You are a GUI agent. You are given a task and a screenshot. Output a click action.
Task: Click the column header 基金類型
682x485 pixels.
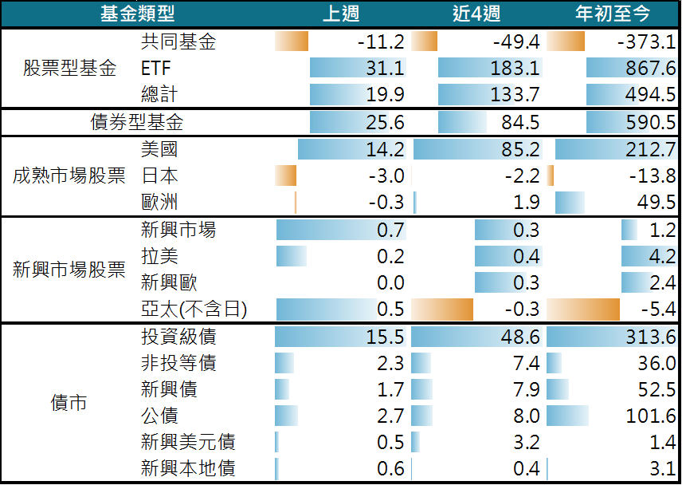137,14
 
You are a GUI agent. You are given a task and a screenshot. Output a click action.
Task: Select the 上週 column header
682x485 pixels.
341,14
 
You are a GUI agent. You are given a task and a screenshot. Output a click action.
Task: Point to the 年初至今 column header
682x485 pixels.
613,14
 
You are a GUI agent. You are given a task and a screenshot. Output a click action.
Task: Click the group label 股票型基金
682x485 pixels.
69,68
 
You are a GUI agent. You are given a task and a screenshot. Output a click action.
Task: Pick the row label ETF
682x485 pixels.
155,68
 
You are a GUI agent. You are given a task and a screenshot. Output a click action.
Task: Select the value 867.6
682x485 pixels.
651,68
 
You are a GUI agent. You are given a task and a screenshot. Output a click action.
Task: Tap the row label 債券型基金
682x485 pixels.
136,122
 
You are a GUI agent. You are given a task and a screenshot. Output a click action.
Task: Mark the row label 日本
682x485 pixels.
159,175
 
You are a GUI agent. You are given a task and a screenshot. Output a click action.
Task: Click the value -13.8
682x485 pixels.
653,175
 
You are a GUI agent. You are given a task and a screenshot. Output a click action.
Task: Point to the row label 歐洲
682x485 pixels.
159,202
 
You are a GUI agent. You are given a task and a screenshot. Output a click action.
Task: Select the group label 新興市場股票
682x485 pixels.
69,270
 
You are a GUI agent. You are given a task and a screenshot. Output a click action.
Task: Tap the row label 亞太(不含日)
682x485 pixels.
194,310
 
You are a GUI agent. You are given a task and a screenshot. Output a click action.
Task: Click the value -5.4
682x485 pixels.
659,310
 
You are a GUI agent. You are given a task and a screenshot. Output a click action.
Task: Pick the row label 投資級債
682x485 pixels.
178,337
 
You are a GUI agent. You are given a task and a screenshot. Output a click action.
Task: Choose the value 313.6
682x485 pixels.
651,337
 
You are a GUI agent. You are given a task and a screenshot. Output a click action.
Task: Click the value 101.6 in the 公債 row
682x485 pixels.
651,416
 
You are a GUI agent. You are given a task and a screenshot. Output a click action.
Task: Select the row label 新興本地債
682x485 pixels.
187,468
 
